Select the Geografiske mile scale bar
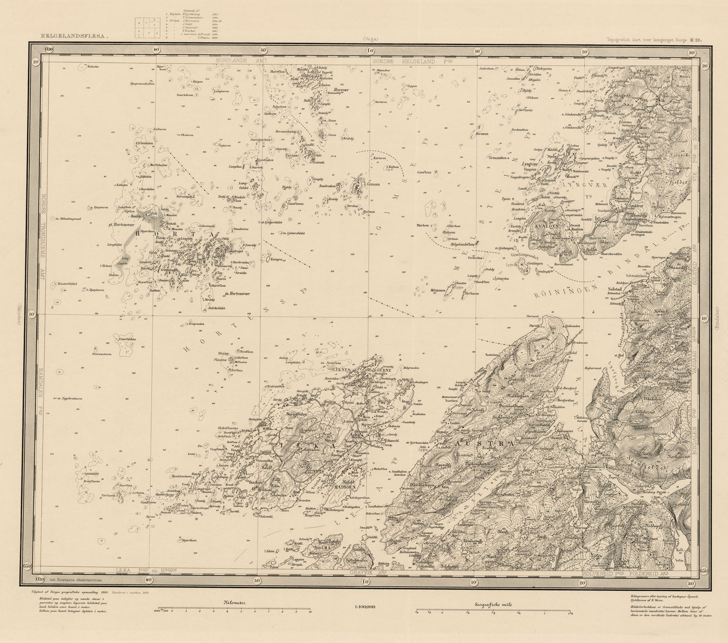(493, 612)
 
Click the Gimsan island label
(373, 184)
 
